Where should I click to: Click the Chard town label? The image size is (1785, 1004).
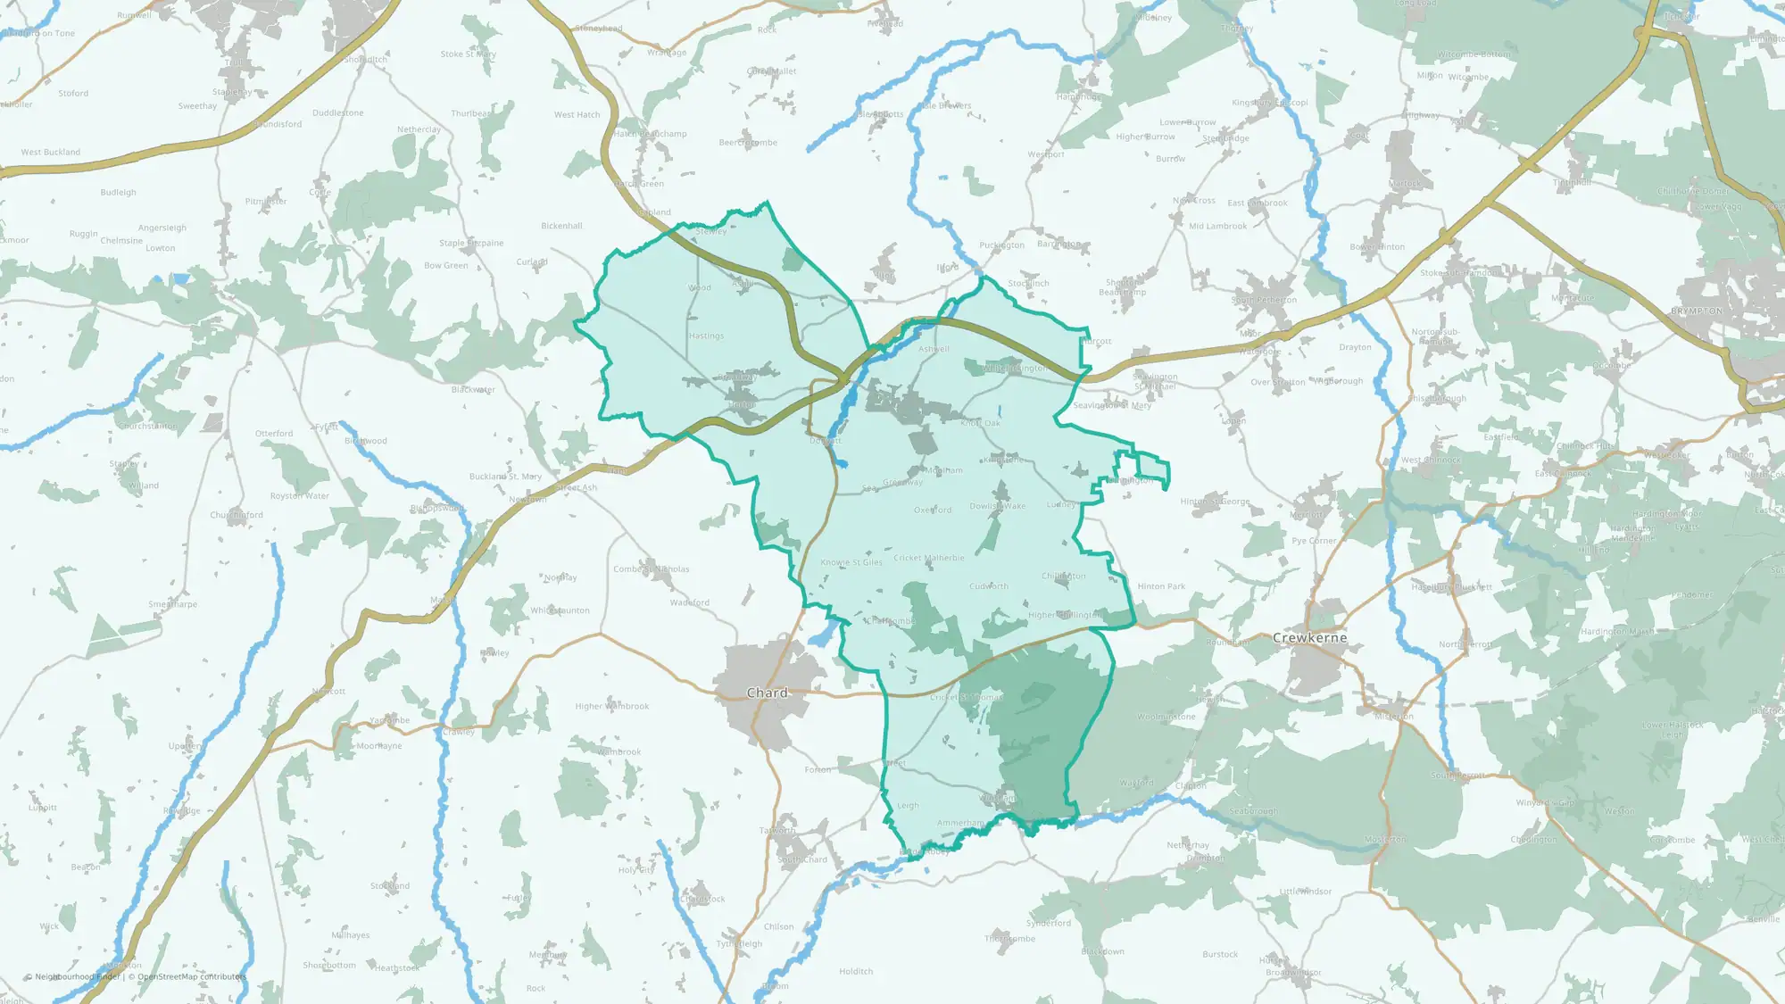[767, 693]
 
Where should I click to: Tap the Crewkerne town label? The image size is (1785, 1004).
[1309, 638]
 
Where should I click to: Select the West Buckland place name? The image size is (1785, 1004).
[51, 153]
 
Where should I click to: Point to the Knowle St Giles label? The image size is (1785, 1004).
[851, 563]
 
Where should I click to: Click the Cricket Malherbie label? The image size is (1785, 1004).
[929, 559]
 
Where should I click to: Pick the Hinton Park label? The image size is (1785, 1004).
[1161, 587]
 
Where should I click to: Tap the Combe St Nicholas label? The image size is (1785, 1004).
[652, 569]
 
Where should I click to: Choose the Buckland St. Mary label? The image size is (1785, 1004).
[505, 477]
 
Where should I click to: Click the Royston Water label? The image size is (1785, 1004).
[300, 496]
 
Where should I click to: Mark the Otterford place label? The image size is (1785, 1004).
[274, 434]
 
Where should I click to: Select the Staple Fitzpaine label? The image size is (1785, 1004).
[471, 244]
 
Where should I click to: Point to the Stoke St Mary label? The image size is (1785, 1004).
[468, 54]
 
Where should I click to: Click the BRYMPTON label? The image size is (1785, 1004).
[1697, 311]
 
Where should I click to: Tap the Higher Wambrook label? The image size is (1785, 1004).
[612, 707]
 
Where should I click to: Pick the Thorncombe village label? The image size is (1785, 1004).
[1010, 939]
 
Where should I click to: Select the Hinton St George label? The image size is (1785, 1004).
[1215, 502]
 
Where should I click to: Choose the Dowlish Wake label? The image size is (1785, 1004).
[998, 507]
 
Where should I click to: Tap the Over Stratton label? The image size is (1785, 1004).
[1277, 383]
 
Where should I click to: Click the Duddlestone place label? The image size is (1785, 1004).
[338, 113]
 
